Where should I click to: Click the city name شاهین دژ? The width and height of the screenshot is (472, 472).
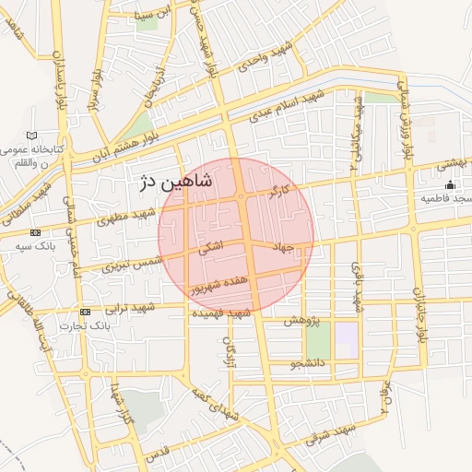pyautogui.click(x=174, y=182)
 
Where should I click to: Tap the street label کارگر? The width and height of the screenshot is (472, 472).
pyautogui.click(x=279, y=192)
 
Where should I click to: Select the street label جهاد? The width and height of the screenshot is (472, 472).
pyautogui.click(x=283, y=247)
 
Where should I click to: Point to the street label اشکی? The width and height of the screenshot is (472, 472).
pyautogui.click(x=209, y=247)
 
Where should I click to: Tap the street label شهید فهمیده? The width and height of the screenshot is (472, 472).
pyautogui.click(x=221, y=313)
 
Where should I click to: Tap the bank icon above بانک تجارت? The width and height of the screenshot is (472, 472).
pyautogui.click(x=85, y=312)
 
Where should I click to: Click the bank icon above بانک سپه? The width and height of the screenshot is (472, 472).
pyautogui.click(x=35, y=232)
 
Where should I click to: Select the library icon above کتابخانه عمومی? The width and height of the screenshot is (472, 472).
pyautogui.click(x=33, y=136)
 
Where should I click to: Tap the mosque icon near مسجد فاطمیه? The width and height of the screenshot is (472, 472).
pyautogui.click(x=450, y=185)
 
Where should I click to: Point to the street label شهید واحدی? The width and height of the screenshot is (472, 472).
pyautogui.click(x=266, y=56)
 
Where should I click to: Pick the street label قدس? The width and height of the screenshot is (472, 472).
pyautogui.click(x=159, y=454)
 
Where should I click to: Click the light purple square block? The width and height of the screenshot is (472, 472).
pyautogui.click(x=346, y=340)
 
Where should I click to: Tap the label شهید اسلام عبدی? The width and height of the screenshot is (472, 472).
pyautogui.click(x=287, y=105)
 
